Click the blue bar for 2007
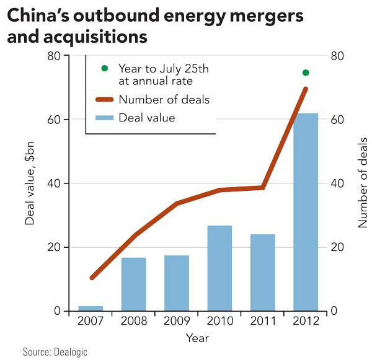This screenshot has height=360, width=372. click(x=91, y=308)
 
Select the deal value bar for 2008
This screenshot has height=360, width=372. click(x=133, y=284)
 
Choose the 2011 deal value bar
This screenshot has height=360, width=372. click(x=262, y=272)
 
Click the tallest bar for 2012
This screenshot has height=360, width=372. click(x=306, y=211)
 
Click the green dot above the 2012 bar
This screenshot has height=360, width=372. click(x=306, y=72)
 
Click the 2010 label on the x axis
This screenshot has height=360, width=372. click(x=219, y=322)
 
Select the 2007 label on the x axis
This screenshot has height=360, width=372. click(x=91, y=322)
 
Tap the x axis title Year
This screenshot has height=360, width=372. click(x=198, y=338)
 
